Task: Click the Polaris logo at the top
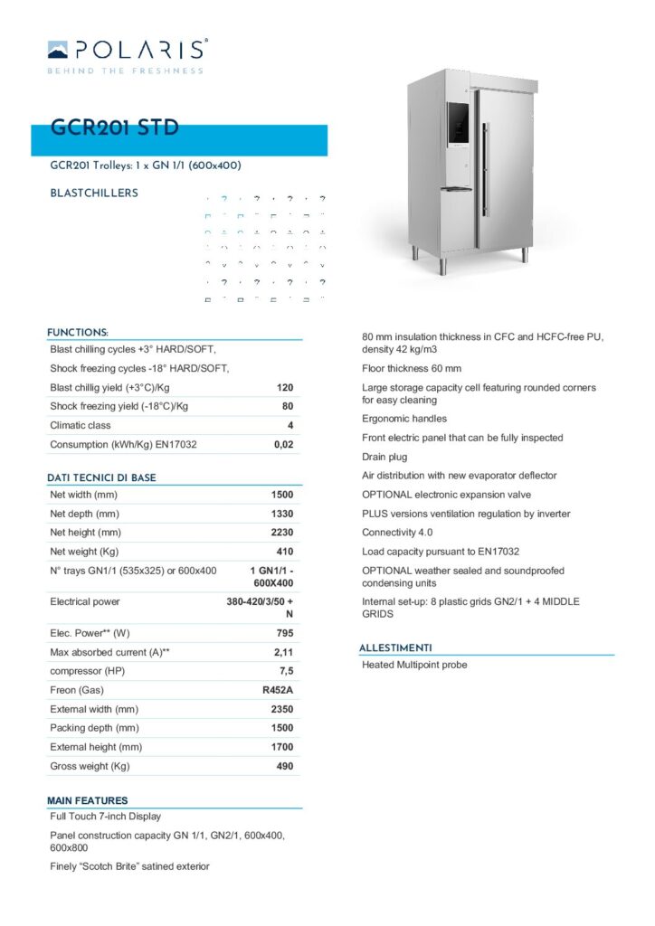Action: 127,55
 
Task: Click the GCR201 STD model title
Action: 115,128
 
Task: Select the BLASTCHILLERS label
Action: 94,193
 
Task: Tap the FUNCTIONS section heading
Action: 78,332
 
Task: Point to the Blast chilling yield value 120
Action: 285,387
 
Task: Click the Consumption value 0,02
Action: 283,444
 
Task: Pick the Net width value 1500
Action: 282,495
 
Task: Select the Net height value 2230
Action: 282,533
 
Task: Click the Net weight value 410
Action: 285,552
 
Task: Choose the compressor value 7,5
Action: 286,671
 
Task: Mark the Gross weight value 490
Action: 285,766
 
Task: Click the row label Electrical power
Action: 85,601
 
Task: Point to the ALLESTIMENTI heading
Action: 394,647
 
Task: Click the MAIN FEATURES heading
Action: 88,800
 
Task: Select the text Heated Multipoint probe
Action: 414,665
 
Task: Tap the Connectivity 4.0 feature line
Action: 397,533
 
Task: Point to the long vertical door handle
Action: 483,172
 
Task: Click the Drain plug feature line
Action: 384,457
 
